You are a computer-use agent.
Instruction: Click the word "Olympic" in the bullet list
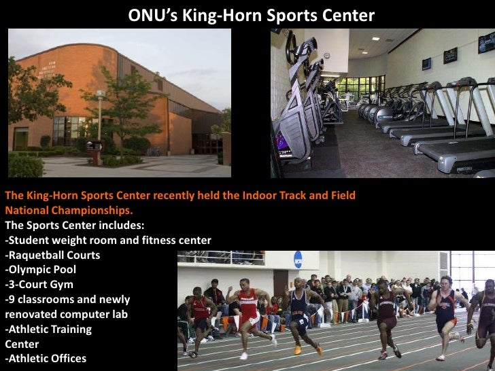click(x=31, y=269)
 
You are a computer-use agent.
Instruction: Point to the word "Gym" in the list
click(x=61, y=284)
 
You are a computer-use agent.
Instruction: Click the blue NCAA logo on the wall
click(x=298, y=260)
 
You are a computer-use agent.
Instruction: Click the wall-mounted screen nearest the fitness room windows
click(x=426, y=65)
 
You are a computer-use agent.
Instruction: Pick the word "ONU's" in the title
click(x=149, y=16)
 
